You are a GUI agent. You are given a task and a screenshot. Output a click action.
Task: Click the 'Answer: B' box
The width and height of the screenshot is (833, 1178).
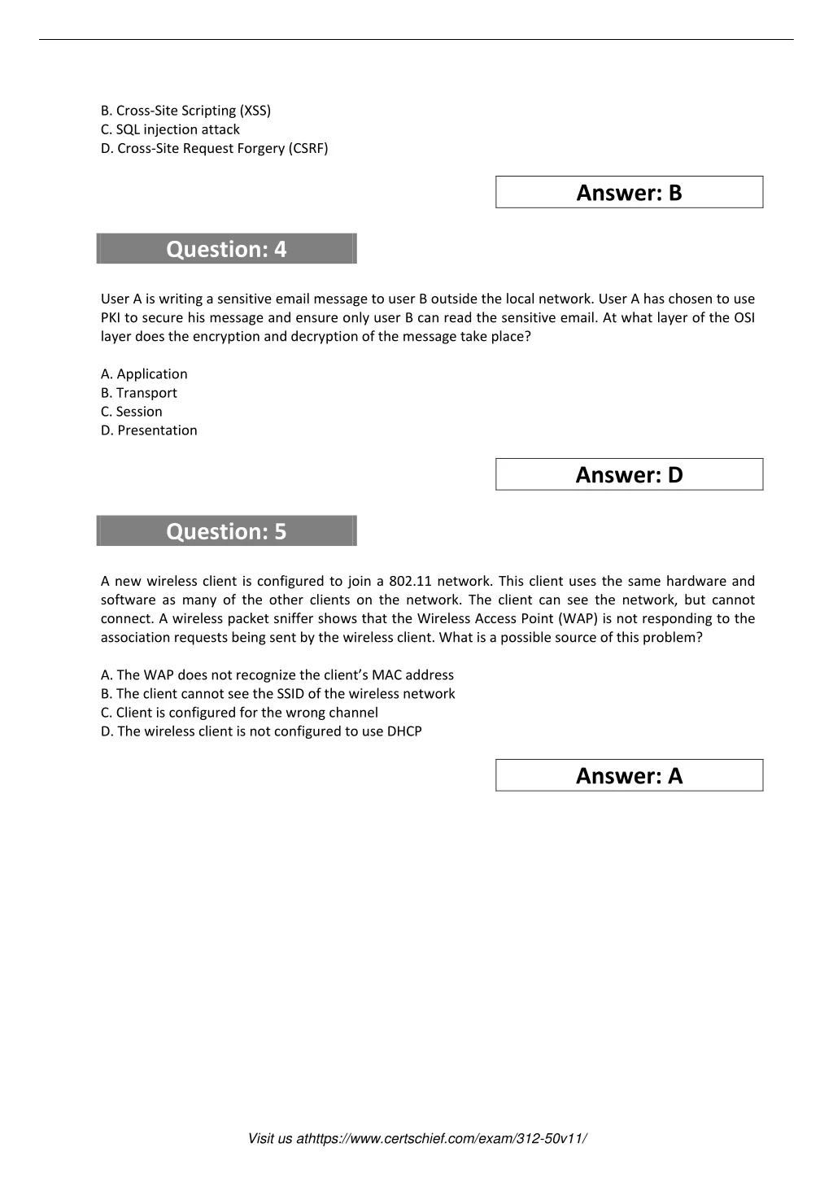629,193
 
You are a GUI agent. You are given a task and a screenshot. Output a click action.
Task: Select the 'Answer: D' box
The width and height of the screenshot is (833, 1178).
629,475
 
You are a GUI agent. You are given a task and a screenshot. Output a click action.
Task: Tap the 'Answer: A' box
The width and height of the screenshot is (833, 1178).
629,776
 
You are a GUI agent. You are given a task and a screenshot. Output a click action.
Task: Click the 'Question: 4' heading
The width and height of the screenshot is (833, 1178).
226,249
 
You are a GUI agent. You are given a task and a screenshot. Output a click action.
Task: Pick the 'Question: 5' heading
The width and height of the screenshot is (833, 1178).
226,531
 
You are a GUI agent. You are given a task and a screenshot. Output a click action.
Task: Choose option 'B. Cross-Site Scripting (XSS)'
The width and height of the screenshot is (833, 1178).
185,111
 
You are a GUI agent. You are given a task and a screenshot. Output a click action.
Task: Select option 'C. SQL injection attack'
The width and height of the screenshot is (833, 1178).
170,129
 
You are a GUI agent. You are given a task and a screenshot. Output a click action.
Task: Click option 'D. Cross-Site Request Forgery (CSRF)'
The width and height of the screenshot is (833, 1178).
214,148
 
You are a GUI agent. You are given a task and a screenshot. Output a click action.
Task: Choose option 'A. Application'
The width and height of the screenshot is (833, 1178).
144,374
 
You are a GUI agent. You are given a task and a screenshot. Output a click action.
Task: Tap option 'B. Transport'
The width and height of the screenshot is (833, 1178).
138,393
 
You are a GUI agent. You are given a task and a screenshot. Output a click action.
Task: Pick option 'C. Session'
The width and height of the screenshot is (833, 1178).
131,412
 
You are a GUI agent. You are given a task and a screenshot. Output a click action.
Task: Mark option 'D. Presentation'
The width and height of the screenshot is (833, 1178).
149,430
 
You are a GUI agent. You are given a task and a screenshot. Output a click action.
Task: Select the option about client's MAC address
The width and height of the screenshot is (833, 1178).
277,675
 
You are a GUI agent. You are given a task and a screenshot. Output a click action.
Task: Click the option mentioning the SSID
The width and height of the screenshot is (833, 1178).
277,694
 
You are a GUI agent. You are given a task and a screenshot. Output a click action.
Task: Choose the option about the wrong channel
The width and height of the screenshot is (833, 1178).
239,713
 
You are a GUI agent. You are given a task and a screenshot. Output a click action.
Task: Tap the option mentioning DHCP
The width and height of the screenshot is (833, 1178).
261,731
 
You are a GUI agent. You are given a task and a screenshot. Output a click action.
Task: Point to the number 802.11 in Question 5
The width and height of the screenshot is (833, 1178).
409,581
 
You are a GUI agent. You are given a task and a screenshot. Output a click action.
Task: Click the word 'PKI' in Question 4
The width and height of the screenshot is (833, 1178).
111,318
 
